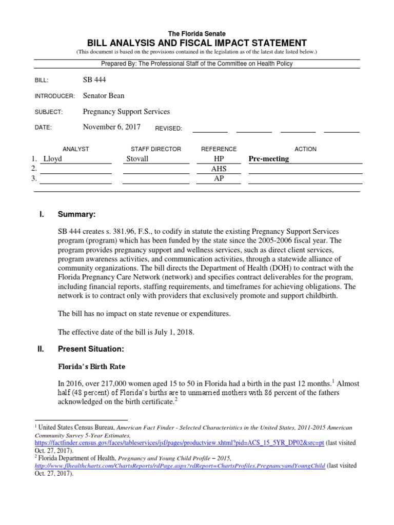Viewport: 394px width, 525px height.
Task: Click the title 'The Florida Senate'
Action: point(196,33)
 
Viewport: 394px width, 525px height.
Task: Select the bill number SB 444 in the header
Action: point(94,80)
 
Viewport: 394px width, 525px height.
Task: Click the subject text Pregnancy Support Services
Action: point(126,111)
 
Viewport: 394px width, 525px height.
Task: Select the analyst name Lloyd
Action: point(53,158)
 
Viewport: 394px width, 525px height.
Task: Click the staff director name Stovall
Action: point(137,158)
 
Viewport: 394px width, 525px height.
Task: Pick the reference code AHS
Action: point(219,169)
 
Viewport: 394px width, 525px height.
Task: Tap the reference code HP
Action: point(219,158)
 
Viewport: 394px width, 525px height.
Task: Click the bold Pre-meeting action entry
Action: point(269,158)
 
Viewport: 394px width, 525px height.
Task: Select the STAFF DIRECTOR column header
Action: point(156,149)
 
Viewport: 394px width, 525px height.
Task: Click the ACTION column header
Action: point(305,149)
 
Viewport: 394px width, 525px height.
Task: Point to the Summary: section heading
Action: point(76,214)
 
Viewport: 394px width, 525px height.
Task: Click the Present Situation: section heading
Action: point(91,349)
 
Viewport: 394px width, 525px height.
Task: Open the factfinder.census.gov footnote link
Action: point(180,442)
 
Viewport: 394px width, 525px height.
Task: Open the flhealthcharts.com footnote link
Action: point(180,466)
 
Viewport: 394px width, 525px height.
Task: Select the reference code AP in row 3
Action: point(219,178)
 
